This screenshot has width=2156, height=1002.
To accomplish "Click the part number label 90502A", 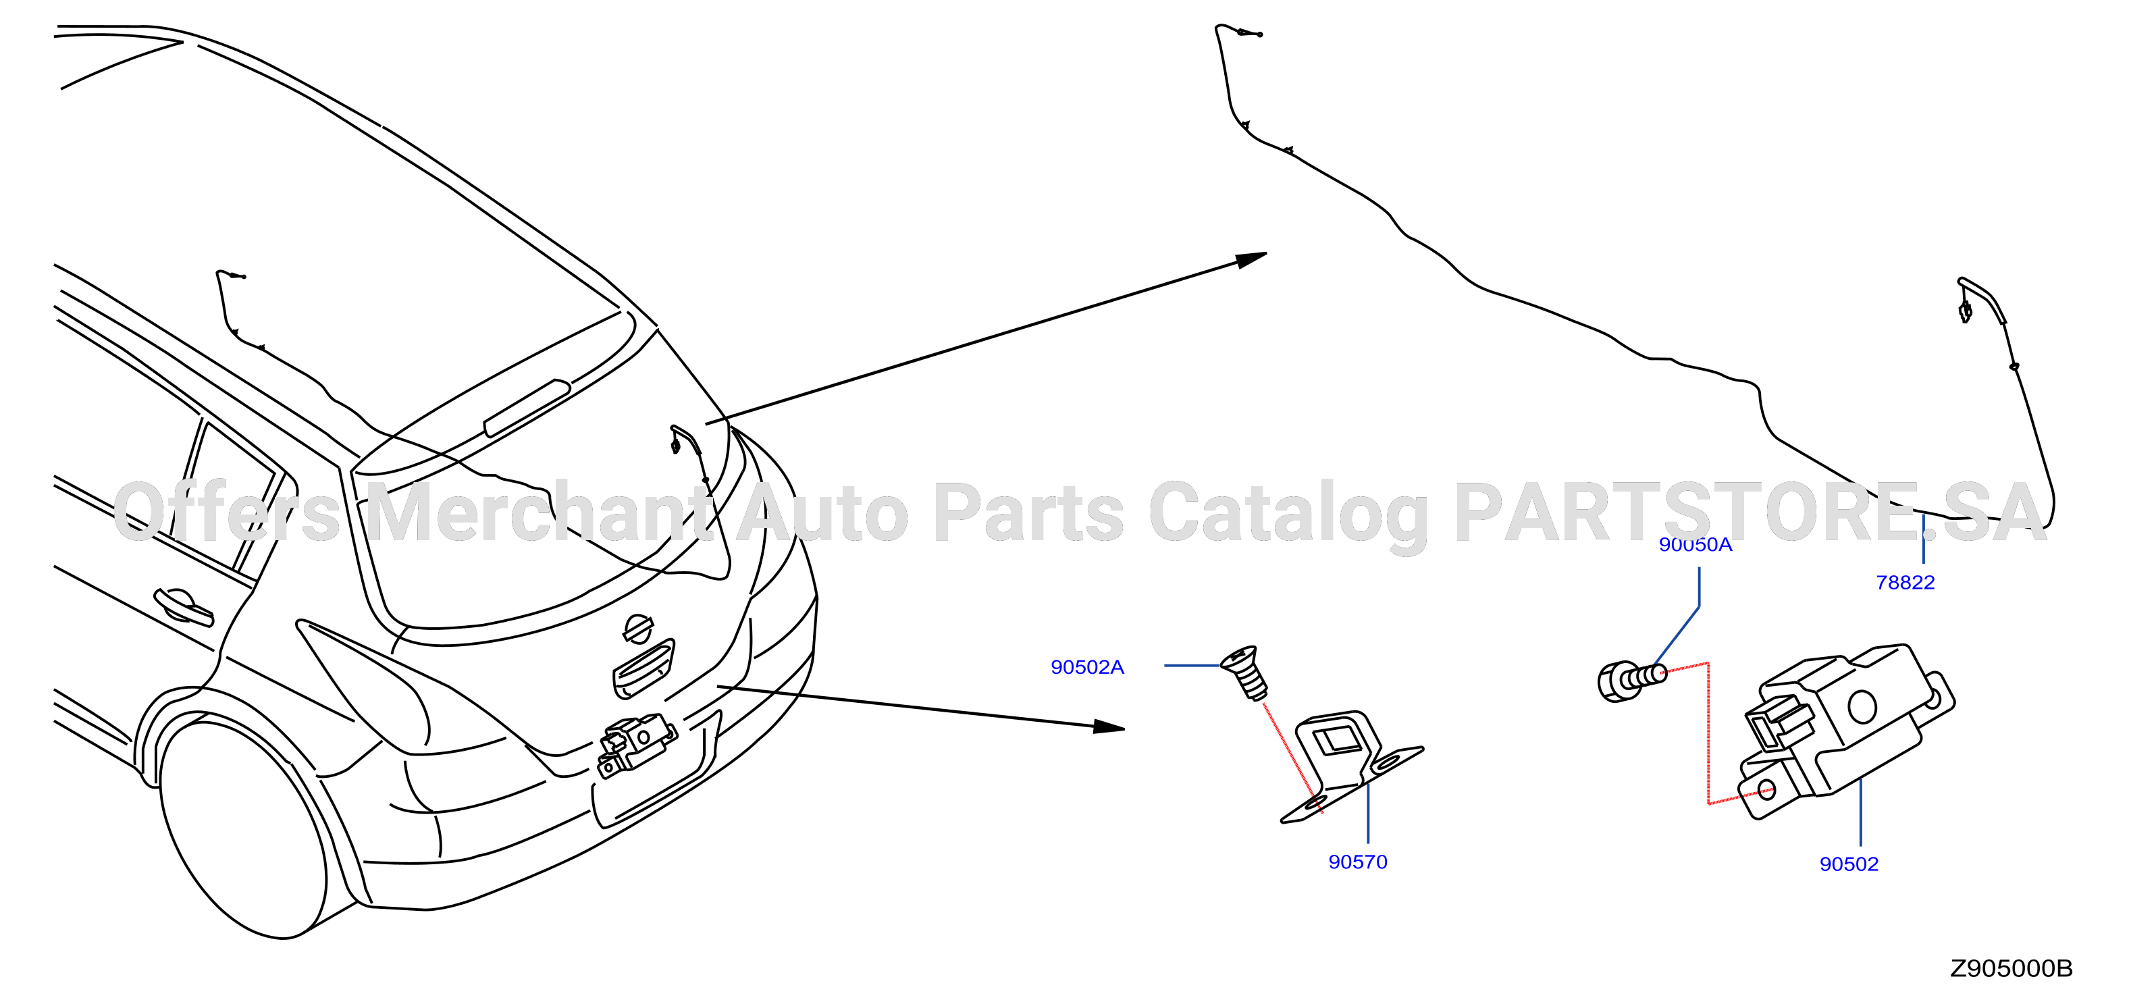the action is (x=1087, y=667).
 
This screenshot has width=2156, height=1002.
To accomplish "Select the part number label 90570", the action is (x=1357, y=862).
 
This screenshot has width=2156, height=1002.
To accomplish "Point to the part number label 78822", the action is (x=1905, y=583).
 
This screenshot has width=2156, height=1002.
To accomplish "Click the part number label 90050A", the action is (x=1695, y=545).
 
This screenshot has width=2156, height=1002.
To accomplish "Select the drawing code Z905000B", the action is (x=2012, y=968).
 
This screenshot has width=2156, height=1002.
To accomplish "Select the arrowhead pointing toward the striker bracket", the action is (x=1109, y=726).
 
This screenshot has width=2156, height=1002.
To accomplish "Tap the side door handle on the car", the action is (x=183, y=606).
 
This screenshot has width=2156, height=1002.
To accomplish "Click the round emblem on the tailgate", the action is (x=638, y=629).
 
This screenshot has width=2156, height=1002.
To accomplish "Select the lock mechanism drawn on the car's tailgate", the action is (x=635, y=743).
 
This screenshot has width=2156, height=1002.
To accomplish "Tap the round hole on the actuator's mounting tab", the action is (x=1766, y=789).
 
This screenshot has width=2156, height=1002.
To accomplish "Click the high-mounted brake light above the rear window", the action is (x=527, y=408).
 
